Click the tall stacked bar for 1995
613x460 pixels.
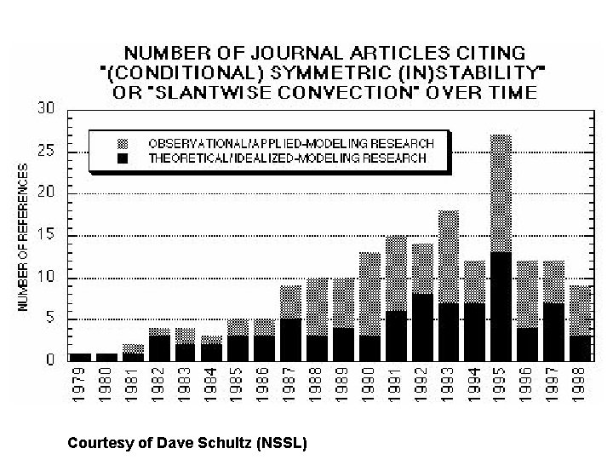click(501, 247)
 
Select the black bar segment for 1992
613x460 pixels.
click(423, 327)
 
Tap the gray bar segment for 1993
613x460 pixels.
click(450, 256)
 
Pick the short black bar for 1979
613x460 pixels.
click(80, 356)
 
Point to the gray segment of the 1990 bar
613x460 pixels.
click(370, 293)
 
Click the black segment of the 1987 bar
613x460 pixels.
click(291, 339)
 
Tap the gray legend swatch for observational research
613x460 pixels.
click(123, 142)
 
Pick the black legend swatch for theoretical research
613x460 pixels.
click(123, 158)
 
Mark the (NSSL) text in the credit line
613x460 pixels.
click(282, 443)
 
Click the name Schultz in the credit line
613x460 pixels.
click(229, 443)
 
